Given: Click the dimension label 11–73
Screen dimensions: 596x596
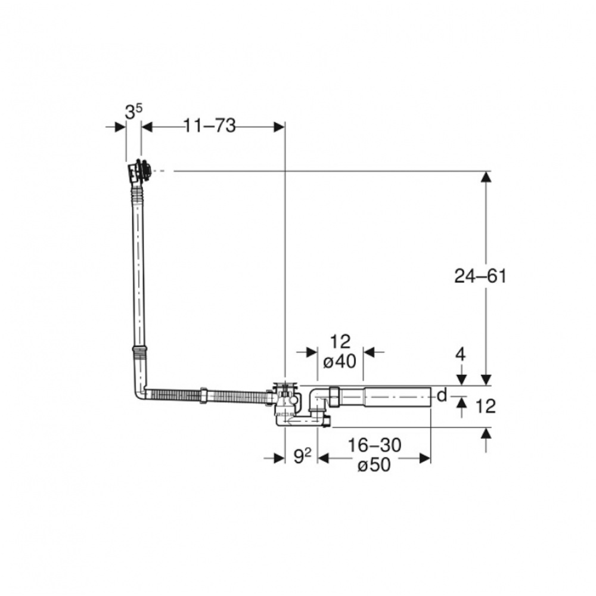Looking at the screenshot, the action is pos(210,125).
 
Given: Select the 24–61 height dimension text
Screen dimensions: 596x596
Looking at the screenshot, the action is pos(480,276).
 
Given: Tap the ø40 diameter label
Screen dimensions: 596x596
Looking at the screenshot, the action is pos(340,362).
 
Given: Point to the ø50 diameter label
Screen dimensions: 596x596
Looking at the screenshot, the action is pos(374,464).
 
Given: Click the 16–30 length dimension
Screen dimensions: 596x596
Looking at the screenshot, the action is pos(375,445).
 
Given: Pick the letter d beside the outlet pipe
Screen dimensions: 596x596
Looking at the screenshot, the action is pos(442,395).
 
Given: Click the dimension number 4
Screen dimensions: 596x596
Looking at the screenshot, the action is pos(460,355).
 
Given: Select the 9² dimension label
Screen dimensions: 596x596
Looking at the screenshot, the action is pos(303,456).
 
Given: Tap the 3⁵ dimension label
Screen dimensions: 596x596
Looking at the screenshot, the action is pos(134,112).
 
